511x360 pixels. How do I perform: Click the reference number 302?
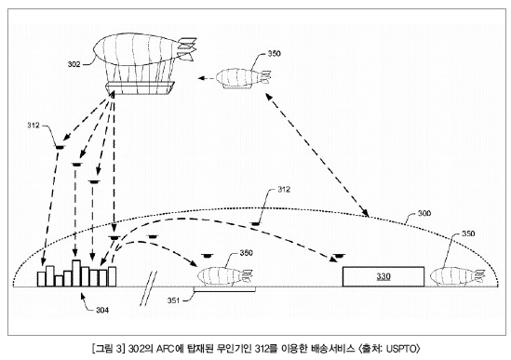click(74, 64)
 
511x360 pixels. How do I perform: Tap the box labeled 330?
click(383, 276)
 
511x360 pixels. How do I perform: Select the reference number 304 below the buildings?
click(102, 310)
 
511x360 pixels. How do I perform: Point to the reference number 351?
click(174, 300)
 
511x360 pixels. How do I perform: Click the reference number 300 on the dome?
click(424, 213)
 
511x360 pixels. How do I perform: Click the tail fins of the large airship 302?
click(187, 48)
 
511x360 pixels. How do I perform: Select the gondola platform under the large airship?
click(140, 88)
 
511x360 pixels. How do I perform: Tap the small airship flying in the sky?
click(243, 78)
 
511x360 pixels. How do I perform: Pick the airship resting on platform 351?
click(225, 277)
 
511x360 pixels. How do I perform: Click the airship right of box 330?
click(457, 277)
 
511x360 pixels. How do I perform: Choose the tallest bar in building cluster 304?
click(76, 273)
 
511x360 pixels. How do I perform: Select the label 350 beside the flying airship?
click(274, 53)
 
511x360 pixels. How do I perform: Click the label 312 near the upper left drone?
click(34, 125)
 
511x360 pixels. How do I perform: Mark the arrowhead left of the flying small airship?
click(202, 78)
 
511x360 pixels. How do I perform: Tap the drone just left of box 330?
click(338, 256)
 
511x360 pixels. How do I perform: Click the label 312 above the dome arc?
click(284, 189)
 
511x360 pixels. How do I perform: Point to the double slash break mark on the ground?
click(148, 288)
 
